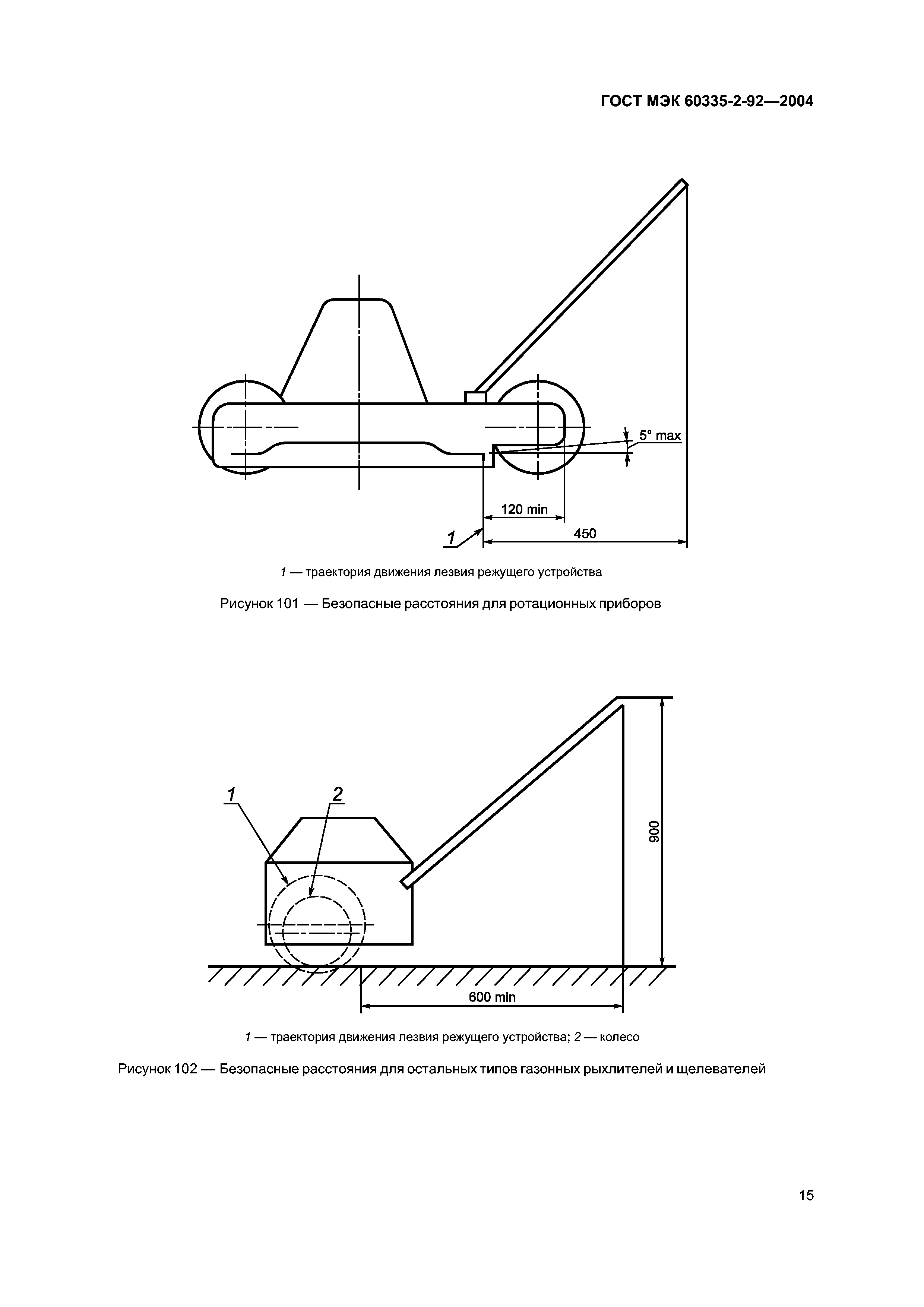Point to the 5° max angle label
[659, 436]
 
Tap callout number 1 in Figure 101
[452, 537]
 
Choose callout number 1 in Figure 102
[232, 794]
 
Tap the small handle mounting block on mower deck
[475, 397]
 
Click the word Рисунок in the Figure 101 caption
[247, 604]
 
